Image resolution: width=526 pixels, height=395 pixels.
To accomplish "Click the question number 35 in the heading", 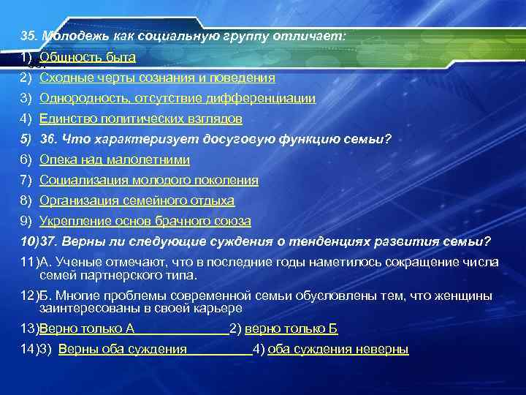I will pos(28,35).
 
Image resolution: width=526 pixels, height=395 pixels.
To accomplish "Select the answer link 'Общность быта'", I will pos(88,57).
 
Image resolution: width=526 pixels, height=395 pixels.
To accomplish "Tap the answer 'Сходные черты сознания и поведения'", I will pos(157,78).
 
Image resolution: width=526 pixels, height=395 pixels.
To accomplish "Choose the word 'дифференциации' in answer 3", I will pos(269,98).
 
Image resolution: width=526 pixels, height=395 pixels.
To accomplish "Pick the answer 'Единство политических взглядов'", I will pos(140,118).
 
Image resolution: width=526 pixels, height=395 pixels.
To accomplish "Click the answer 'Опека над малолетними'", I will pos(115,159).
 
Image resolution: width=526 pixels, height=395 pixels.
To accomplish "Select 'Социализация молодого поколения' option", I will pos(148,180).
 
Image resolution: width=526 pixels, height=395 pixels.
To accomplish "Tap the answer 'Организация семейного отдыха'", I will pos(137,200).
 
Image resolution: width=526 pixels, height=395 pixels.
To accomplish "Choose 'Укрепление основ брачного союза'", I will pos(145,221).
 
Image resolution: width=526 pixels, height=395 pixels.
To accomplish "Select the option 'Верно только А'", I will pos(87,329).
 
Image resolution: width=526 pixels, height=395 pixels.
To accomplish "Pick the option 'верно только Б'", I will pos(291,329).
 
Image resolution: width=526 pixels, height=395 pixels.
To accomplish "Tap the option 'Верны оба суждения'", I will pos(122,350).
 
